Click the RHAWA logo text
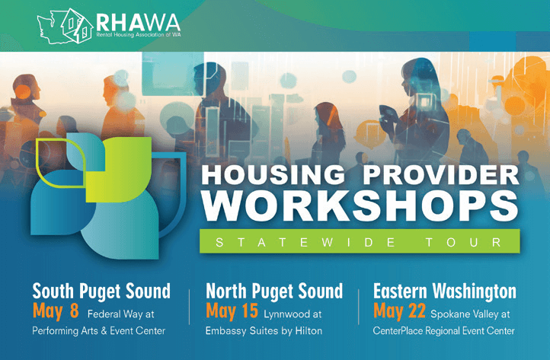(138, 22)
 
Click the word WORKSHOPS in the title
(360, 206)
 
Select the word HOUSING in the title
(273, 174)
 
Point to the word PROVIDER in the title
(441, 174)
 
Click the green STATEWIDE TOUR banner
(360, 241)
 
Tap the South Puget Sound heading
(101, 292)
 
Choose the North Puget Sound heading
(274, 292)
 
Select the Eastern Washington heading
(444, 292)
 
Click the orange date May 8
(56, 311)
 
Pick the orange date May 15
(232, 311)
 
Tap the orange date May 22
(399, 311)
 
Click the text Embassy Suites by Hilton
(264, 331)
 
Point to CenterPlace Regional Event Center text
(443, 331)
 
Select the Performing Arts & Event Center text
(98, 331)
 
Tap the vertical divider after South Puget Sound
(190, 307)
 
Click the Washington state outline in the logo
(53, 27)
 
